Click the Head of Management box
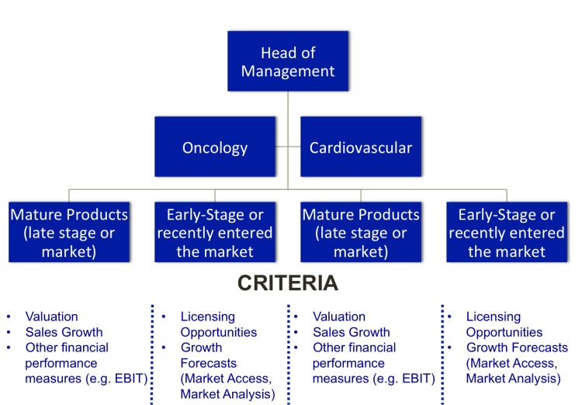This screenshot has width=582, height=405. tap(288, 61)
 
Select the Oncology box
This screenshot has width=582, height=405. tap(215, 147)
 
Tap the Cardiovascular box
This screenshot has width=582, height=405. tap(361, 147)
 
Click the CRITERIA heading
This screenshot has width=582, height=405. tap(287, 283)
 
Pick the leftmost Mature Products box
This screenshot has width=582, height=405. tap(68, 232)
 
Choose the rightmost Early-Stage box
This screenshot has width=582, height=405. tap(506, 232)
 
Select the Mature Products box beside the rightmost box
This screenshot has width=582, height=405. tap(361, 232)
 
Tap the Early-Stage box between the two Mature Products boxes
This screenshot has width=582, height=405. tap(215, 232)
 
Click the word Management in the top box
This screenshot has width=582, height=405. tap(288, 71)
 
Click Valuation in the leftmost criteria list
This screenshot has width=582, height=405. tap(52, 317)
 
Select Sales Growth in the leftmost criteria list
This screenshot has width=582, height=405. tap(64, 332)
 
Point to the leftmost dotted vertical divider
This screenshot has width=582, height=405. tap(152, 353)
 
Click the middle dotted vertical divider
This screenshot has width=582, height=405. tap(288, 353)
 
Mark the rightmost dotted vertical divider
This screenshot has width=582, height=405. tap(442, 353)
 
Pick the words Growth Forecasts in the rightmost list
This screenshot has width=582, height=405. tap(517, 348)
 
